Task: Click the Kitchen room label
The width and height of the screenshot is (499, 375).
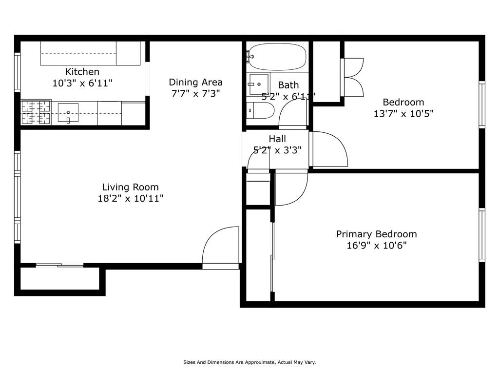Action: tap(82, 71)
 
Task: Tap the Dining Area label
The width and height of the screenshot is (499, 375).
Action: tap(195, 82)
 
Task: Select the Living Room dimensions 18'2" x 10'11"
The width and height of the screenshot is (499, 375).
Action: tap(131, 198)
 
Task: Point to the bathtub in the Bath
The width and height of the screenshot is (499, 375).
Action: tap(277, 57)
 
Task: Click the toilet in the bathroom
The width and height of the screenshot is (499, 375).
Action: tap(260, 110)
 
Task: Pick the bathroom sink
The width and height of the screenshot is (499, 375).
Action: tap(258, 84)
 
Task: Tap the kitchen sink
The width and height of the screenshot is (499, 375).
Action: tap(68, 113)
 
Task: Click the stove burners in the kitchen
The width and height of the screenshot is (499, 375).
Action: tap(36, 112)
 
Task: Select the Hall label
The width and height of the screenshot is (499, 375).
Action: tap(277, 139)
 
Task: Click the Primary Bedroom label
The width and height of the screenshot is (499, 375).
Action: tap(377, 234)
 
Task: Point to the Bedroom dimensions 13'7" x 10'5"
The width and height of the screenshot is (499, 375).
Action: tap(403, 113)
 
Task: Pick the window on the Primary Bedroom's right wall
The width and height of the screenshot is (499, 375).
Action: tap(482, 235)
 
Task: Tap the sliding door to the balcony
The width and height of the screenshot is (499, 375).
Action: tap(59, 265)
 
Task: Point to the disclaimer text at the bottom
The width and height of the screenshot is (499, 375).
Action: tap(249, 362)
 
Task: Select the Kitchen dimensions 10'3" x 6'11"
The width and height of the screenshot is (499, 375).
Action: tap(82, 83)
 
